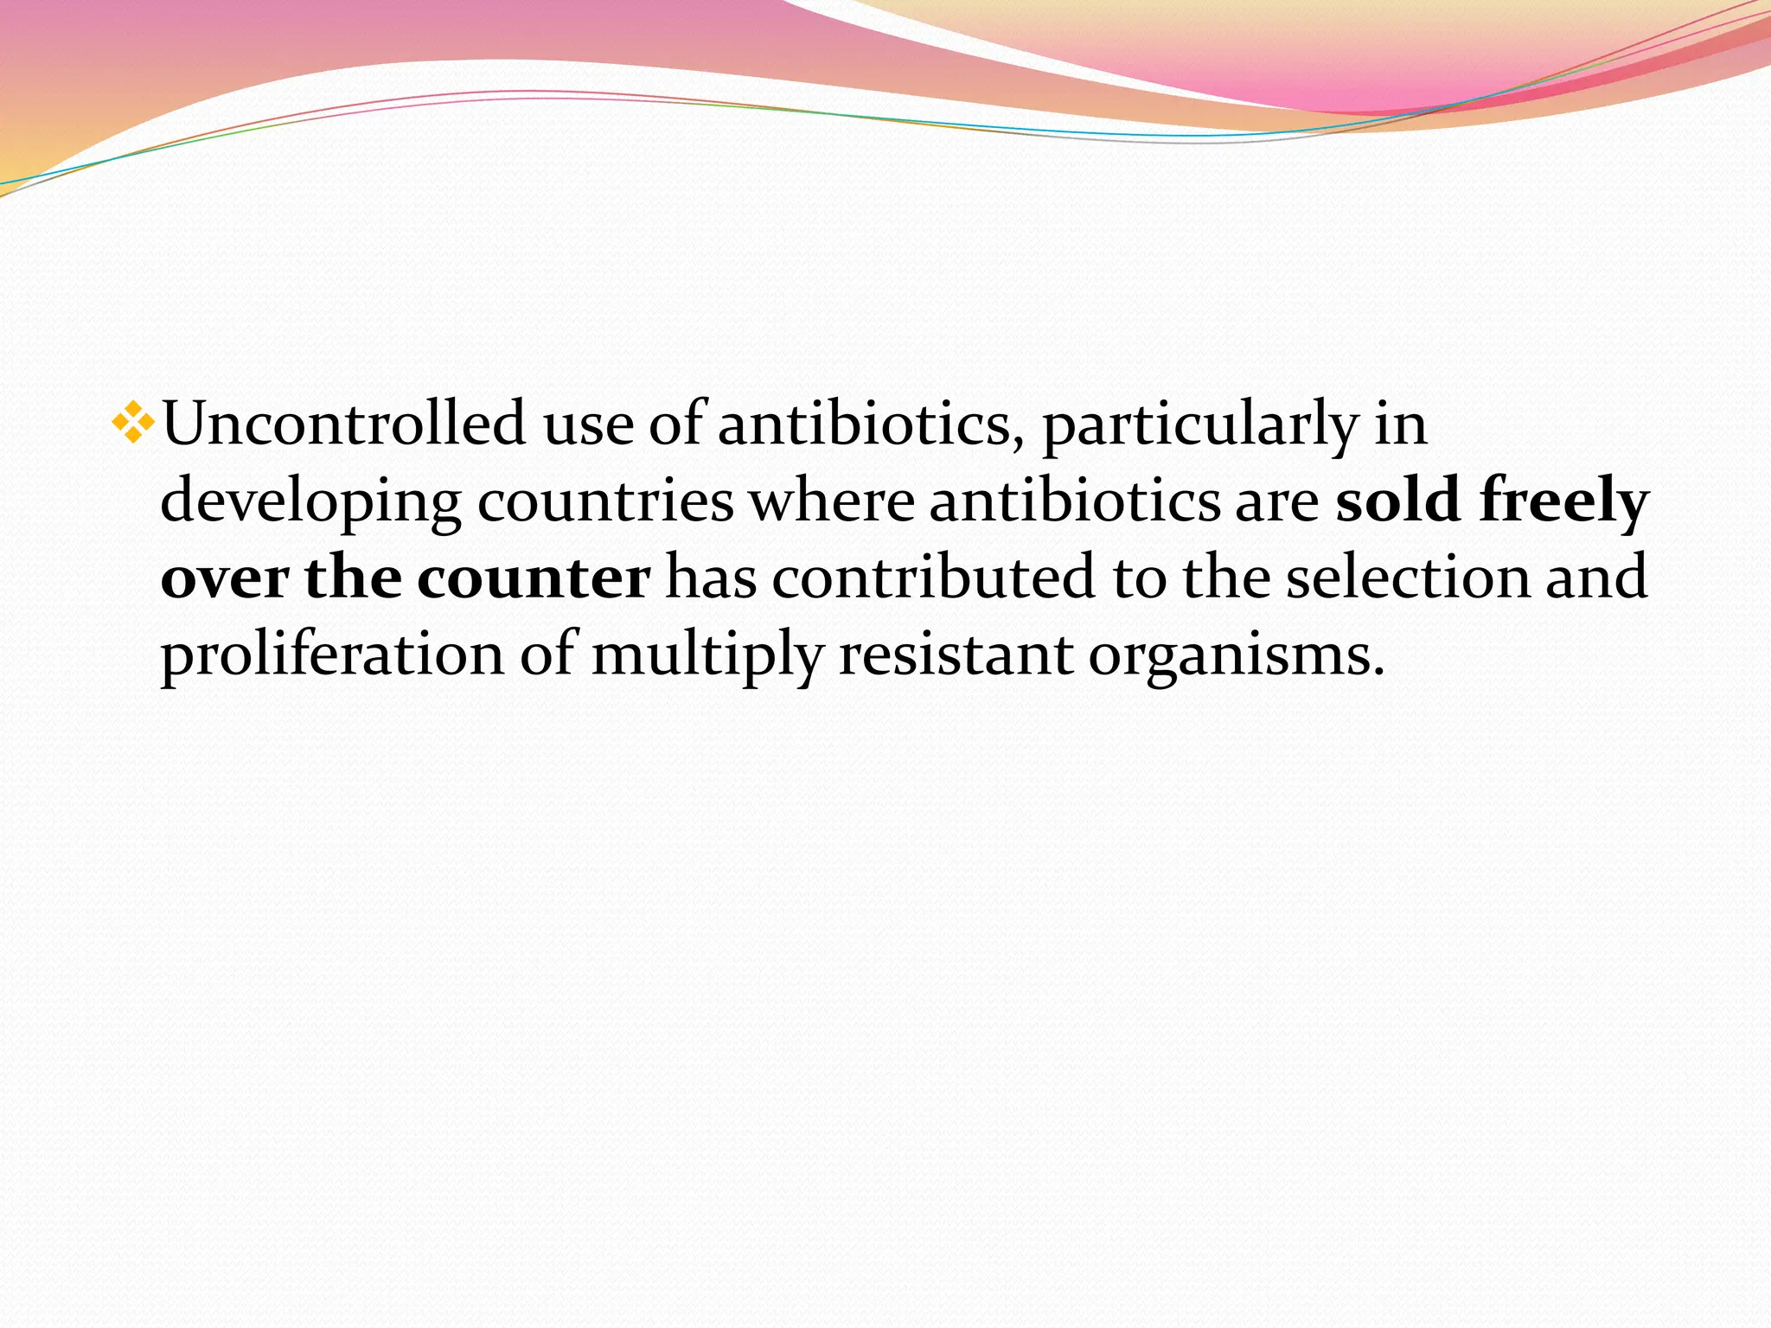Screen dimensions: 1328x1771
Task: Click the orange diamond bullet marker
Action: (x=133, y=423)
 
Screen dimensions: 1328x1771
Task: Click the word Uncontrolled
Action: (x=344, y=425)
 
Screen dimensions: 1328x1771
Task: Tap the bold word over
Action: (x=225, y=578)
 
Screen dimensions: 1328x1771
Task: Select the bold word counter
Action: (x=534, y=578)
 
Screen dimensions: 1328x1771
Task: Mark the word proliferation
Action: (x=332, y=654)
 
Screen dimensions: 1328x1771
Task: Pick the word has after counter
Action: (x=711, y=578)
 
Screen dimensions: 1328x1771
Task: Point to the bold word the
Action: (x=353, y=578)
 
